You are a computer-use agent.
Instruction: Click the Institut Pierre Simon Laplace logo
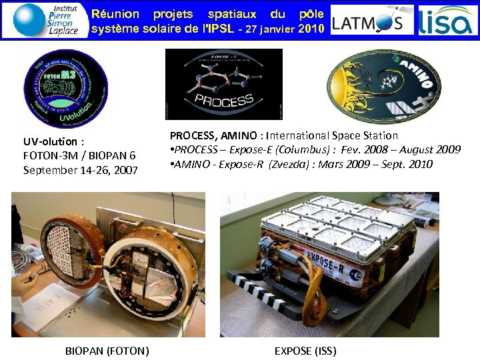point(47,19)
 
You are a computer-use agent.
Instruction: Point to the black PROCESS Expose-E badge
point(223,84)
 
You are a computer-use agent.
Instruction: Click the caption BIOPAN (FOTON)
point(107,351)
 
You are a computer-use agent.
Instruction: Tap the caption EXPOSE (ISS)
point(305,351)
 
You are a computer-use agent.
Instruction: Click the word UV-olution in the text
point(51,141)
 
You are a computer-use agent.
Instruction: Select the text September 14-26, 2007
point(80,170)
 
